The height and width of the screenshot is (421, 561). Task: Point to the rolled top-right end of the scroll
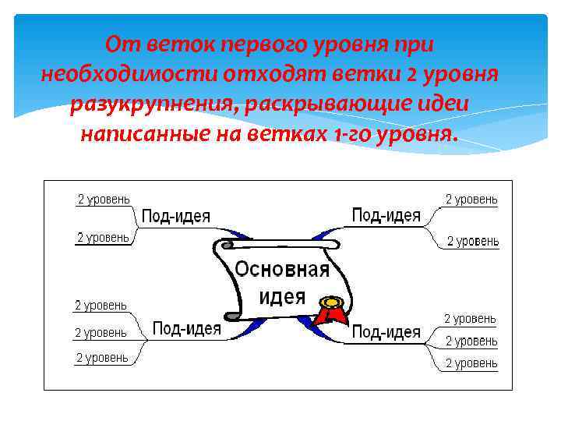(x=330, y=246)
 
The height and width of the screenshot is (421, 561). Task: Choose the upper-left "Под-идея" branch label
(x=175, y=216)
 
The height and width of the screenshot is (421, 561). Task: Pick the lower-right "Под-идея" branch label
(x=386, y=332)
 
